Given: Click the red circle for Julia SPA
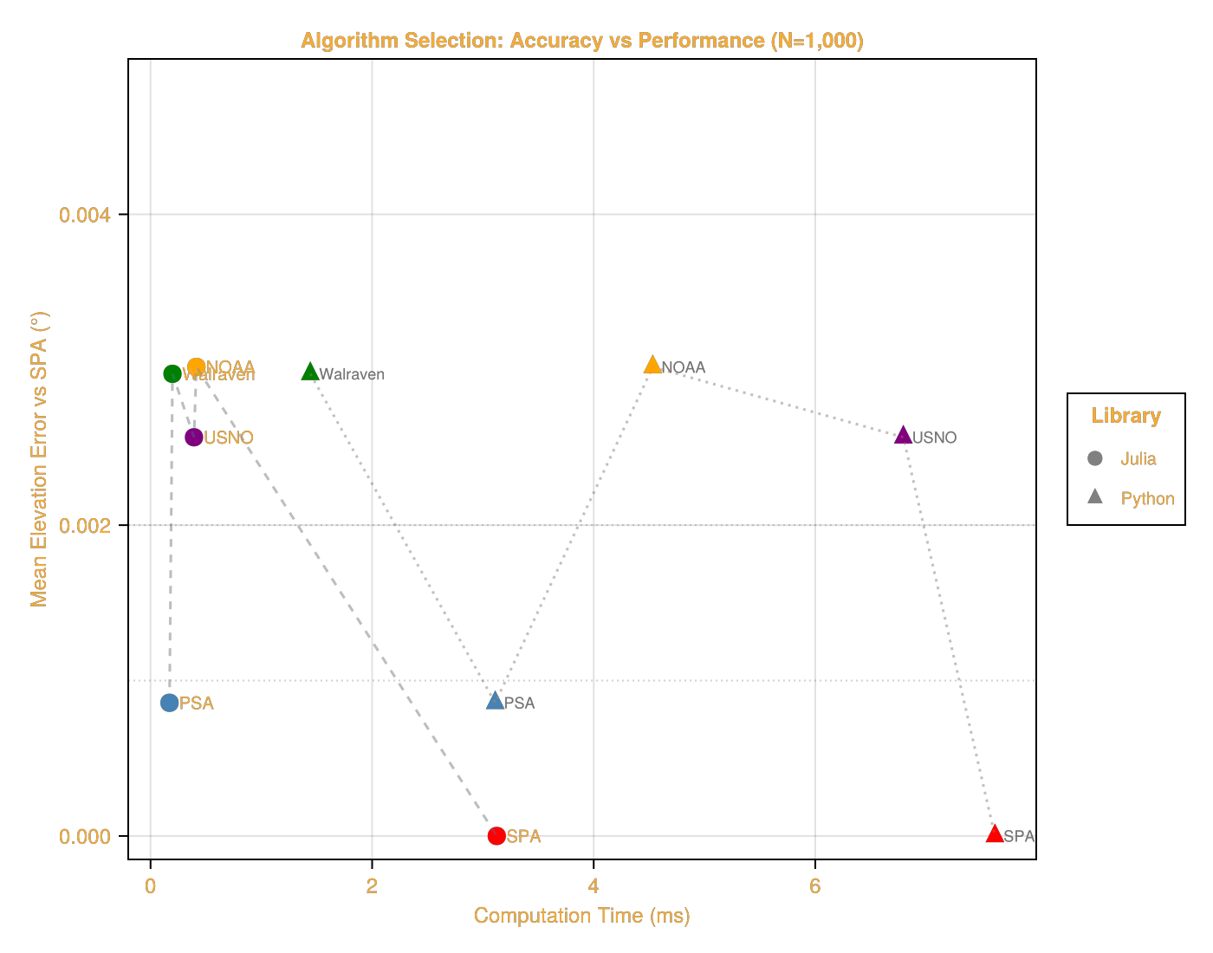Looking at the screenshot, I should pyautogui.click(x=496, y=836).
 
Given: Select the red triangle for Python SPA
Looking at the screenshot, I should pyautogui.click(x=995, y=834).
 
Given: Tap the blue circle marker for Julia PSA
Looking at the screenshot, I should pyautogui.click(x=170, y=703).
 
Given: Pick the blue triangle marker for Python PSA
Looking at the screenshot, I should pyautogui.click(x=495, y=701).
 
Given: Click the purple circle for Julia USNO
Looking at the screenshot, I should pyautogui.click(x=194, y=438).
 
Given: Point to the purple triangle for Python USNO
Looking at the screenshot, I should pyautogui.click(x=903, y=436).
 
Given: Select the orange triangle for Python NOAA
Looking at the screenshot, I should pyautogui.click(x=652, y=366).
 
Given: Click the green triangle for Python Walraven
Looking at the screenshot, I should pyautogui.click(x=310, y=373).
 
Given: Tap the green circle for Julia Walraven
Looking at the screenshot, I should pyautogui.click(x=172, y=374).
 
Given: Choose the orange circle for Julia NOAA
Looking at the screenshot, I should pyautogui.click(x=197, y=366).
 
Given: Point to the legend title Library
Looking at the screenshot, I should pyautogui.click(x=1125, y=416).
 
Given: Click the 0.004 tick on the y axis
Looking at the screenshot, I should pyautogui.click(x=85, y=215).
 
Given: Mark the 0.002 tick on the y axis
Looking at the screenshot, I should pyautogui.click(x=85, y=526).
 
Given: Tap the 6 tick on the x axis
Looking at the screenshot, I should pyautogui.click(x=815, y=886).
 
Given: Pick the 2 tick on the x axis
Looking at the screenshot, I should pyautogui.click(x=373, y=886).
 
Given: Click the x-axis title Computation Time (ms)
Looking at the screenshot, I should pyautogui.click(x=581, y=916).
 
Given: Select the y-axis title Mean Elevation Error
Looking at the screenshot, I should pyautogui.click(x=39, y=459).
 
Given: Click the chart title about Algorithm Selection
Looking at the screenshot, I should pyautogui.click(x=581, y=41).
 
